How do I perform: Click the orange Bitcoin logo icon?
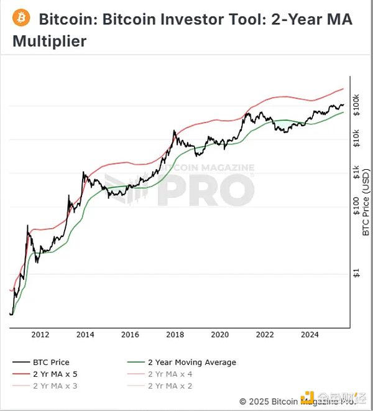pyautogui.click(x=22, y=18)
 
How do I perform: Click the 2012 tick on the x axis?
pyautogui.click(x=40, y=335)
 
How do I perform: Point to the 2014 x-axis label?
pyautogui.click(x=85, y=335)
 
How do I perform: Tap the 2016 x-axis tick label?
pyautogui.click(x=130, y=335)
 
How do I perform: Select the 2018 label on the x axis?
pyautogui.click(x=175, y=335)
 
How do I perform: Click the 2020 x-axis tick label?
pyautogui.click(x=219, y=335)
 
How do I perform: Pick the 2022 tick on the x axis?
pyautogui.click(x=265, y=335)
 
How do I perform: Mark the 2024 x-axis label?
pyautogui.click(x=310, y=335)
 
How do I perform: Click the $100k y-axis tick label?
pyautogui.click(x=356, y=103)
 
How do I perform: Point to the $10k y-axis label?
pyautogui.click(x=356, y=138)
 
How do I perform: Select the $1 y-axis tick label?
pyautogui.click(x=356, y=274)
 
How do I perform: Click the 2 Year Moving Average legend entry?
pyautogui.click(x=191, y=362)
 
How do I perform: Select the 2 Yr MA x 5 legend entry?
pyautogui.click(x=55, y=374)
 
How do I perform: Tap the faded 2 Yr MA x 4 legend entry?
pyautogui.click(x=168, y=374)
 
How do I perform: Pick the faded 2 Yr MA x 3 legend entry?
pyautogui.click(x=55, y=386)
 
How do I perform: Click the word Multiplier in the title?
pyautogui.click(x=50, y=42)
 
